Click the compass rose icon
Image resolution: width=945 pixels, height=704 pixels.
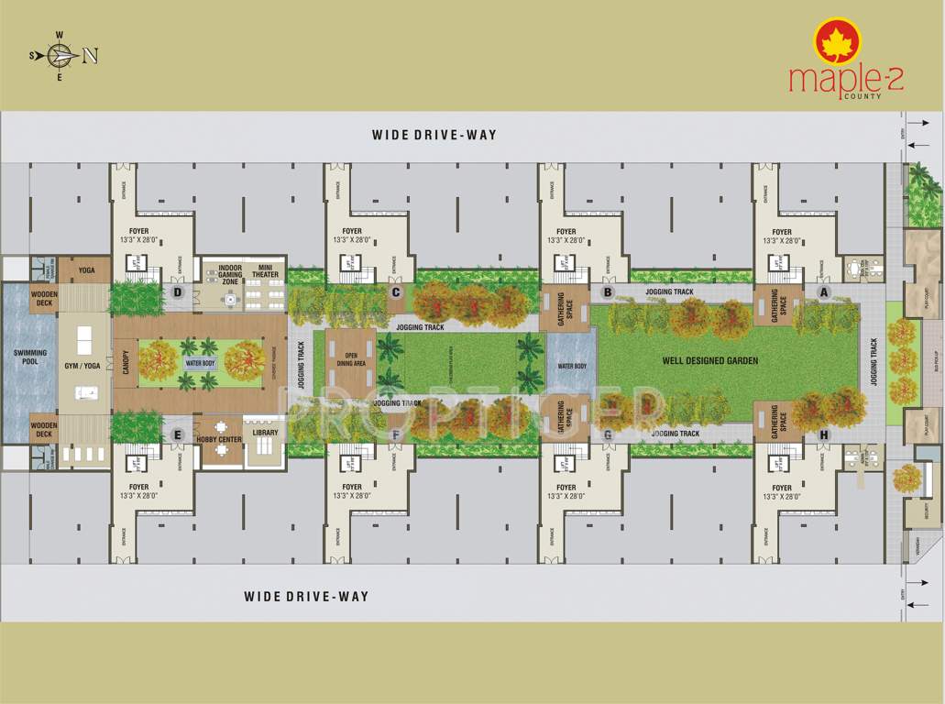pyautogui.click(x=60, y=55)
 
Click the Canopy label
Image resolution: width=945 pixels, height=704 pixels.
pyautogui.click(x=126, y=361)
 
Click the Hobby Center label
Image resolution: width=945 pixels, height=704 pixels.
pyautogui.click(x=218, y=439)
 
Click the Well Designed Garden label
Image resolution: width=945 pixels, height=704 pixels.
pyautogui.click(x=709, y=361)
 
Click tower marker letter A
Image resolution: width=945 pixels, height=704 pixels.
pyautogui.click(x=823, y=292)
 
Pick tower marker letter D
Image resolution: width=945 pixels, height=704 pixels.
pyautogui.click(x=178, y=292)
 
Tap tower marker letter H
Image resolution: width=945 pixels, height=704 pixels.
pyautogui.click(x=823, y=434)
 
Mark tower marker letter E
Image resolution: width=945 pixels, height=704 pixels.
pyautogui.click(x=178, y=434)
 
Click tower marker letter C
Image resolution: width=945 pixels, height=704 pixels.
pyautogui.click(x=395, y=292)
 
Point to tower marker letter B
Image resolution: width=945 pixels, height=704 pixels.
pyautogui.click(x=607, y=292)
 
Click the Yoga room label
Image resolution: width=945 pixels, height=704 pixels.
pyautogui.click(x=86, y=270)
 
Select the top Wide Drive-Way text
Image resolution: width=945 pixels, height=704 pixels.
pyautogui.click(x=434, y=135)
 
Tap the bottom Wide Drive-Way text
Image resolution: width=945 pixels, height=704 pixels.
pyautogui.click(x=306, y=596)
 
